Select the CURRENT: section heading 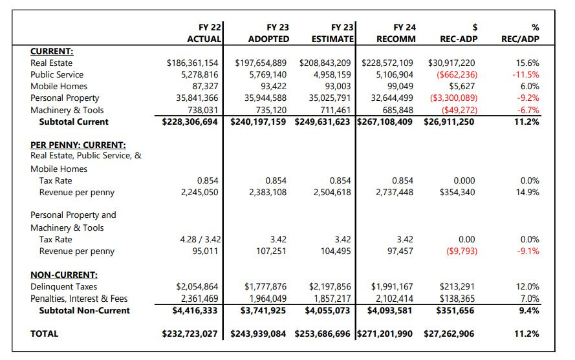[52, 51]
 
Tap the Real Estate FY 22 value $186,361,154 [193, 63]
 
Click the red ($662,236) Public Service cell [453, 75]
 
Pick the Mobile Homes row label [59, 87]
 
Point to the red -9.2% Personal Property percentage [526, 98]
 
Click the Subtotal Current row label [74, 122]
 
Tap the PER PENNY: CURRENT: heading [78, 145]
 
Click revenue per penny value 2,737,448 [395, 193]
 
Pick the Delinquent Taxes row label [64, 286]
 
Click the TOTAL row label [44, 334]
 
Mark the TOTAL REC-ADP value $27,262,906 [449, 334]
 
